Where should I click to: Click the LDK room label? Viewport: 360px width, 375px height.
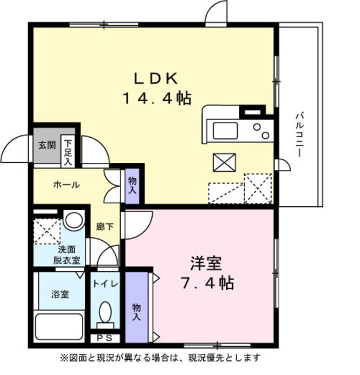(x=156, y=78)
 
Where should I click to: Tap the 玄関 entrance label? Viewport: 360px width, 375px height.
(x=47, y=145)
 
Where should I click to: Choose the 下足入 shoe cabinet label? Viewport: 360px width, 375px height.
(x=68, y=151)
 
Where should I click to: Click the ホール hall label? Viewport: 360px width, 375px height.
(x=66, y=185)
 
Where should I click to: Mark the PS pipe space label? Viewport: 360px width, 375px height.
(x=105, y=338)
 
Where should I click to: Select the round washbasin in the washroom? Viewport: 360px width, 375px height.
(x=74, y=220)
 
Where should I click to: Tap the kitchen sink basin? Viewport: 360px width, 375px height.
(x=225, y=130)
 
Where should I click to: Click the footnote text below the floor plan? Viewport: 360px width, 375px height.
(x=160, y=357)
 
